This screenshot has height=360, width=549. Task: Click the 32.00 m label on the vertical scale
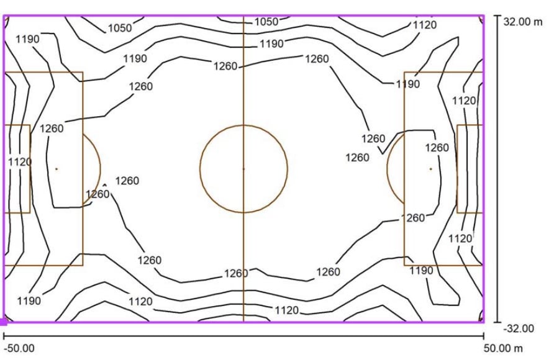pyautogui.click(x=523, y=22)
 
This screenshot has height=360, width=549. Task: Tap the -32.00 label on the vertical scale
pyautogui.click(x=519, y=328)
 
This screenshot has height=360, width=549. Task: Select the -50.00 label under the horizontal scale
pyautogui.click(x=19, y=348)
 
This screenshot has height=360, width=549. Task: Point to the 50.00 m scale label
pyautogui.click(x=503, y=348)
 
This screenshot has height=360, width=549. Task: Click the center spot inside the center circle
pyautogui.click(x=243, y=169)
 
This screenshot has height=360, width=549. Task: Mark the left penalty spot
pyautogui.click(x=57, y=169)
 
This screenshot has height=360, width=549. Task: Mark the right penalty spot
pyautogui.click(x=430, y=169)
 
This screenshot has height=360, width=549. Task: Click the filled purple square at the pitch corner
pyautogui.click(x=3, y=322)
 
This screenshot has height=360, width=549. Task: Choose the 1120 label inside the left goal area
pyautogui.click(x=20, y=162)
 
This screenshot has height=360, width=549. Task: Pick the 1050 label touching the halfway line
pyautogui.click(x=266, y=22)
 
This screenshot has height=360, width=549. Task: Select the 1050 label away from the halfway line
pyautogui.click(x=120, y=28)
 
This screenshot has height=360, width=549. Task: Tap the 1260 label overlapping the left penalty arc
pyautogui.click(x=98, y=194)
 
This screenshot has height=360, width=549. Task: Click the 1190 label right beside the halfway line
pyautogui.click(x=271, y=43)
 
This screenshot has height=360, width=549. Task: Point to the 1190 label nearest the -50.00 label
pyautogui.click(x=29, y=300)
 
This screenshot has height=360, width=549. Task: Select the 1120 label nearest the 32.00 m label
pyautogui.click(x=425, y=25)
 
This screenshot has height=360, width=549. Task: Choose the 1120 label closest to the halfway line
pyautogui.click(x=287, y=310)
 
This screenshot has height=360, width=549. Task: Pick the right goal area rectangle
pyautogui.click(x=457, y=169)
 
